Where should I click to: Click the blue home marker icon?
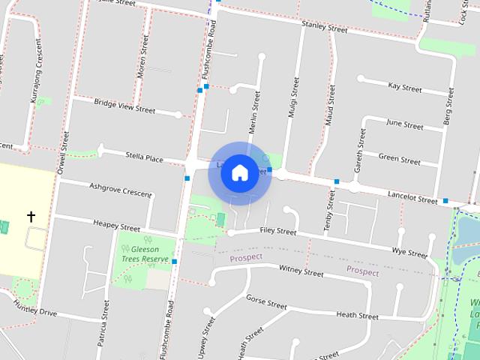[239, 173]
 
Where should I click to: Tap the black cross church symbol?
[31, 217]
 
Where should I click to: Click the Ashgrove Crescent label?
[120, 190]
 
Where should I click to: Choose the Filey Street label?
[277, 232]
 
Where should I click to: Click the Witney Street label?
[301, 271]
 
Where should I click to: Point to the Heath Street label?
[357, 316]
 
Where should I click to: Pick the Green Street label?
[399, 158]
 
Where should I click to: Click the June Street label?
[403, 122]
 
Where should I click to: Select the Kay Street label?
[405, 87]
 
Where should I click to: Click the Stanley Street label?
[324, 28]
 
